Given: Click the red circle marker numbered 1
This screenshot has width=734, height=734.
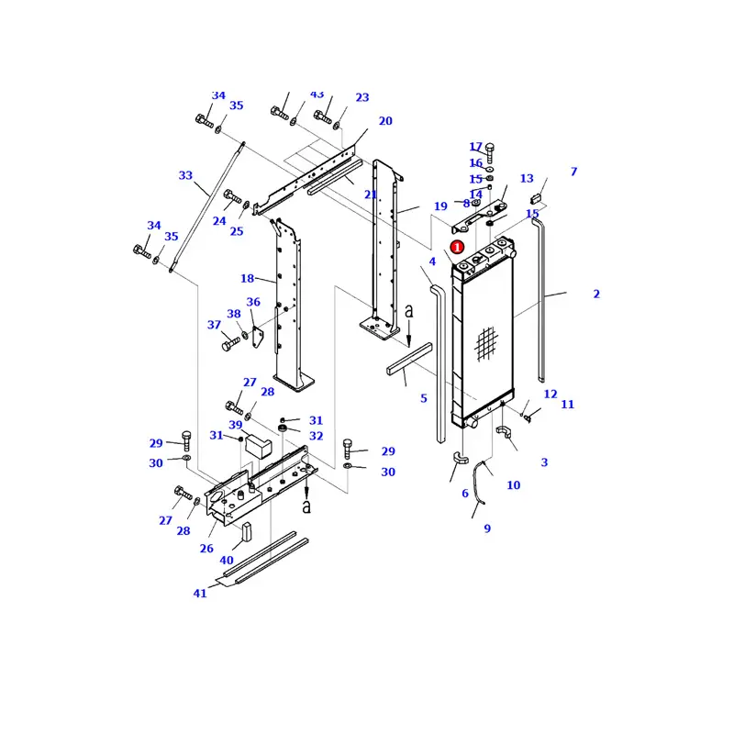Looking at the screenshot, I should (x=458, y=247).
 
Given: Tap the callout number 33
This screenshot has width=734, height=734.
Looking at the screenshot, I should (x=185, y=175).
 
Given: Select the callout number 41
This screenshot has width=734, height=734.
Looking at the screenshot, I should (x=200, y=594).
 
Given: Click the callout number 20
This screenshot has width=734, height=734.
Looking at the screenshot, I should (x=385, y=121).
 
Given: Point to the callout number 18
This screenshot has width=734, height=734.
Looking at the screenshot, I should (x=247, y=279).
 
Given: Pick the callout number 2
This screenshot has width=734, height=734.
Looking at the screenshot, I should (x=596, y=295).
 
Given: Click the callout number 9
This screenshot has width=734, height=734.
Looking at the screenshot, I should (x=487, y=528).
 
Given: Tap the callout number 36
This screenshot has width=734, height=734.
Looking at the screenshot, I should (x=253, y=303).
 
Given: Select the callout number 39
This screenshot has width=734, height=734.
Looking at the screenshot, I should (x=236, y=425).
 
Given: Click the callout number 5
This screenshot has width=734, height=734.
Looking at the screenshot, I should (x=424, y=398).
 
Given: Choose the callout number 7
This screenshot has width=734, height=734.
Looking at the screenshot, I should (x=573, y=172).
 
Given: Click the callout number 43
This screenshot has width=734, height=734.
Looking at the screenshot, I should (x=317, y=95).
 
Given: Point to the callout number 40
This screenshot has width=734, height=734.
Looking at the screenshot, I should (x=227, y=561).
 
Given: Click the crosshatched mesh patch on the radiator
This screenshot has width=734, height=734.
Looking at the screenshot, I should (x=486, y=343).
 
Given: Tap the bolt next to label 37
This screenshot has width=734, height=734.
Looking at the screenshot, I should (x=231, y=344).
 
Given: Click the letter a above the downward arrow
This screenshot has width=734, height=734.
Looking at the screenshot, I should (x=409, y=312).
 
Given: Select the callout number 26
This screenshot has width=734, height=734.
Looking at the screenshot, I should (x=206, y=550).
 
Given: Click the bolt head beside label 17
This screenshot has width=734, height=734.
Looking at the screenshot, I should (x=489, y=149).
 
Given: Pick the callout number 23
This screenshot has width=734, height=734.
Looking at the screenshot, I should (x=362, y=98).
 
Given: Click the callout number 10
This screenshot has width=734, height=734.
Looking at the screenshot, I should (x=513, y=485).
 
